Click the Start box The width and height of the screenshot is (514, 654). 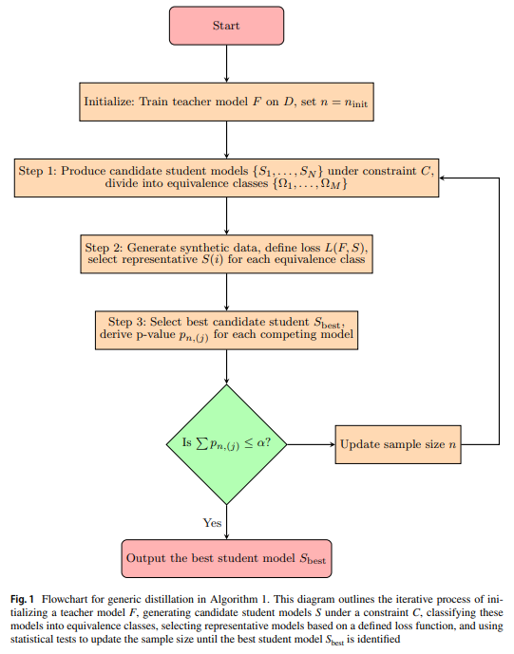[x=226, y=26]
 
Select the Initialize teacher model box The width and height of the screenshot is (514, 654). [x=226, y=102]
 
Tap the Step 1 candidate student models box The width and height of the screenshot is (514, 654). [x=226, y=178]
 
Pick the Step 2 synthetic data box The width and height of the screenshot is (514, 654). [x=226, y=254]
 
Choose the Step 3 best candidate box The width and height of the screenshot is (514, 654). [x=226, y=330]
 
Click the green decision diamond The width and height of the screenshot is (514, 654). [x=226, y=444]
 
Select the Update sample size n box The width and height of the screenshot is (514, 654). [x=398, y=444]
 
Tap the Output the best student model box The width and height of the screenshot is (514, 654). [x=226, y=559]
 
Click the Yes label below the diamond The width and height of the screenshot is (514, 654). [x=212, y=523]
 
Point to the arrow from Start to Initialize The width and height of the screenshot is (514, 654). [x=227, y=64]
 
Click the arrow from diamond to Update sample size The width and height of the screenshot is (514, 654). [x=311, y=444]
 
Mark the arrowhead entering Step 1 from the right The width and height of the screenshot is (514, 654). [x=442, y=178]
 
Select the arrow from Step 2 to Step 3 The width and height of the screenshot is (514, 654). [x=227, y=292]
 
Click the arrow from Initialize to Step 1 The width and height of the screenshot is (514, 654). [x=227, y=140]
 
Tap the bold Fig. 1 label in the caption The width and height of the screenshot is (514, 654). [x=22, y=600]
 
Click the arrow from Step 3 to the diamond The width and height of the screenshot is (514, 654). [x=227, y=367]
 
